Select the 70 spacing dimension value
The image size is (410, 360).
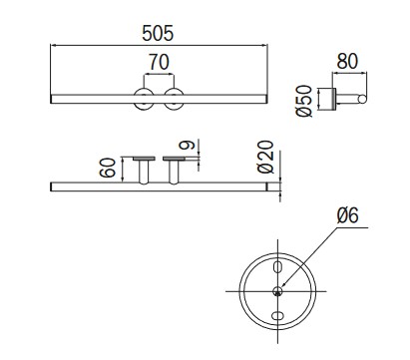pos(158,63)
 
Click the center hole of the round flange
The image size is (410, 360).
pos(276,290)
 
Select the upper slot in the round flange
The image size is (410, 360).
pos(276,266)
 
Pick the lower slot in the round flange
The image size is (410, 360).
pos(276,316)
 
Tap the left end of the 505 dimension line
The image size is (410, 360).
pos(51,44)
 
